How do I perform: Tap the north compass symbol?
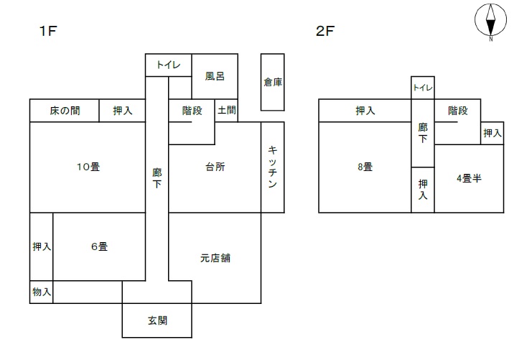point(491,21)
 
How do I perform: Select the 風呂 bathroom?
point(215,75)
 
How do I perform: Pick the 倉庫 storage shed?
point(273,82)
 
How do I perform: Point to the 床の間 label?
point(65,111)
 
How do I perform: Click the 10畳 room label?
point(88,167)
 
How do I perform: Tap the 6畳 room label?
point(99,246)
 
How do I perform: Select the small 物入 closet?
point(41,292)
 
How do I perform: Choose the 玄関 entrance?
point(157,320)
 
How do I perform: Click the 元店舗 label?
point(215,257)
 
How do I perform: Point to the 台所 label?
point(215,167)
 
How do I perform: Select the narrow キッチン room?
point(273,167)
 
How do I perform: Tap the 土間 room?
point(227,111)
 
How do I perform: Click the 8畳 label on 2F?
point(365,167)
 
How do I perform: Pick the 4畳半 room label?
point(468,177)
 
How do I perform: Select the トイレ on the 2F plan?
point(422,88)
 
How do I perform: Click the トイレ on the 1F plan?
point(169,65)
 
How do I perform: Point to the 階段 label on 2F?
point(457,111)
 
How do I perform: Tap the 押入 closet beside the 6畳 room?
point(41,246)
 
